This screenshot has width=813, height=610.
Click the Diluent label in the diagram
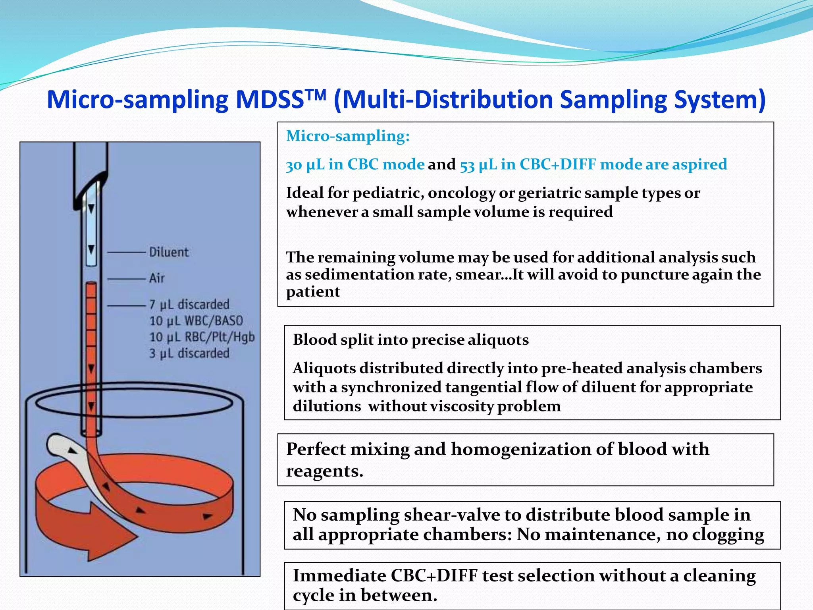click(x=169, y=252)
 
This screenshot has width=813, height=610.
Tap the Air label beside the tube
click(x=157, y=278)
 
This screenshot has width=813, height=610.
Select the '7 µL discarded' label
click(x=189, y=305)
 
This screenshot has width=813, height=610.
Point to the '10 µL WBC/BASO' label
click(x=196, y=321)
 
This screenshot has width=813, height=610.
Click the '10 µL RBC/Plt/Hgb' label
click(x=202, y=337)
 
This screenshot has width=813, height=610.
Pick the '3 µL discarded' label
click(x=189, y=353)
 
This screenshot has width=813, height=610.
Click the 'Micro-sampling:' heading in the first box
click(x=348, y=136)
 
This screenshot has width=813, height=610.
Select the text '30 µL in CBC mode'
click(x=355, y=164)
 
